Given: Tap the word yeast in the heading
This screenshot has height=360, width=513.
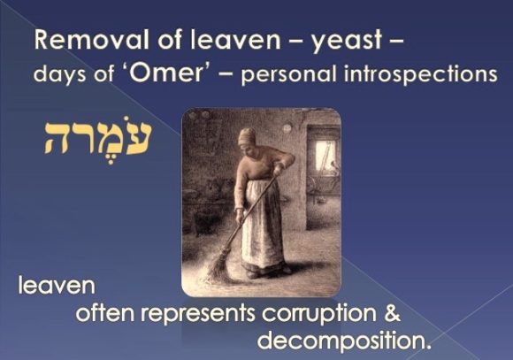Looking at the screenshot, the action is point(347,42).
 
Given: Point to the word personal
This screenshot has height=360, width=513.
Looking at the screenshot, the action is point(289,75).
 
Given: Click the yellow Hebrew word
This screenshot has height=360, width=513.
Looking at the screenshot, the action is point(97,139).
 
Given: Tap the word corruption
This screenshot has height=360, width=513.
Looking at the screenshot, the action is point(319,314).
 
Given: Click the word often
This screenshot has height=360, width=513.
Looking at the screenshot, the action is point(105,312).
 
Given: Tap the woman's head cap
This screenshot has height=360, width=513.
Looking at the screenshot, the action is point(247,136).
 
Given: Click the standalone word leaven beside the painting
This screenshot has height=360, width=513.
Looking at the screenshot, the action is point(57,285).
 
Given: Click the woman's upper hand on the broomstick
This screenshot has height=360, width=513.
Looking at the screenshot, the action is point(278,170).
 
